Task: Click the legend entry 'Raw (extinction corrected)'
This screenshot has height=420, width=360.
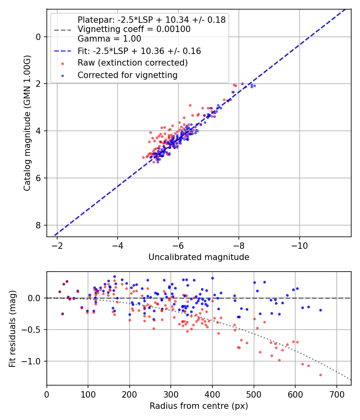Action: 132,63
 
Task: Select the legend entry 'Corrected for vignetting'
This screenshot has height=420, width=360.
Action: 127,75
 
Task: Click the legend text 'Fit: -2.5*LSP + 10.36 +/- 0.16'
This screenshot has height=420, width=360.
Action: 139,51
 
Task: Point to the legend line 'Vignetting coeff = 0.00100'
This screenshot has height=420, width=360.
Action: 134,29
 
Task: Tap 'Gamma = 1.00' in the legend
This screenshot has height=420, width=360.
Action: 109,39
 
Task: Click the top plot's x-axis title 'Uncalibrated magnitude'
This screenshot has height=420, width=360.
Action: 199,257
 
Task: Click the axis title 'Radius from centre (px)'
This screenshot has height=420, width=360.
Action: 199,406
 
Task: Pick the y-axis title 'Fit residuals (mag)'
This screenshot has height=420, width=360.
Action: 13,329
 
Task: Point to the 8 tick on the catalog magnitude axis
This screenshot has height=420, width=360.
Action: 38,225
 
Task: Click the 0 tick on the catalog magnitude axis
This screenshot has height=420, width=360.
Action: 38,37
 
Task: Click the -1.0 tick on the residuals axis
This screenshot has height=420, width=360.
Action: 32,361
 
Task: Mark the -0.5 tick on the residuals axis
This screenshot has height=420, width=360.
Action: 32,330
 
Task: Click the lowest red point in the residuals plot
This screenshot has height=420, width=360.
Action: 320,375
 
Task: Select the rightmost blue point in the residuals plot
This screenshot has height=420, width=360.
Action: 320,310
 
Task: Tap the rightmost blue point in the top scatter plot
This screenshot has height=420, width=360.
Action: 254,86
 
